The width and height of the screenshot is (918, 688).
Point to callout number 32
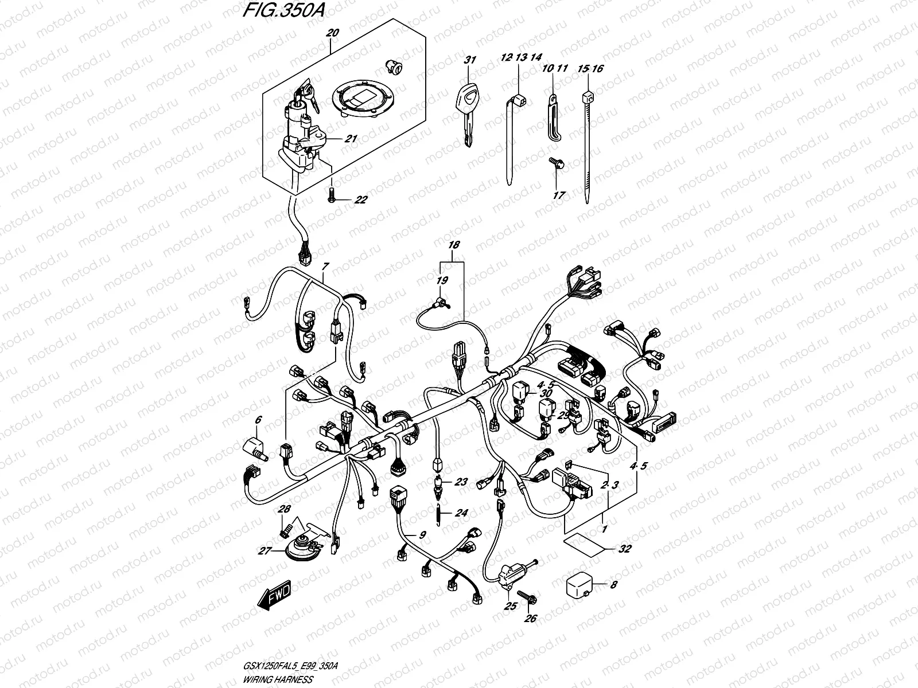click(625, 549)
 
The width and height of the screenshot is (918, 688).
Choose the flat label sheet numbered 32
click(584, 544)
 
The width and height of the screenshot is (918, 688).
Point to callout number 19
click(443, 281)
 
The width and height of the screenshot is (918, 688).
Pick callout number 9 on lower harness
click(422, 535)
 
